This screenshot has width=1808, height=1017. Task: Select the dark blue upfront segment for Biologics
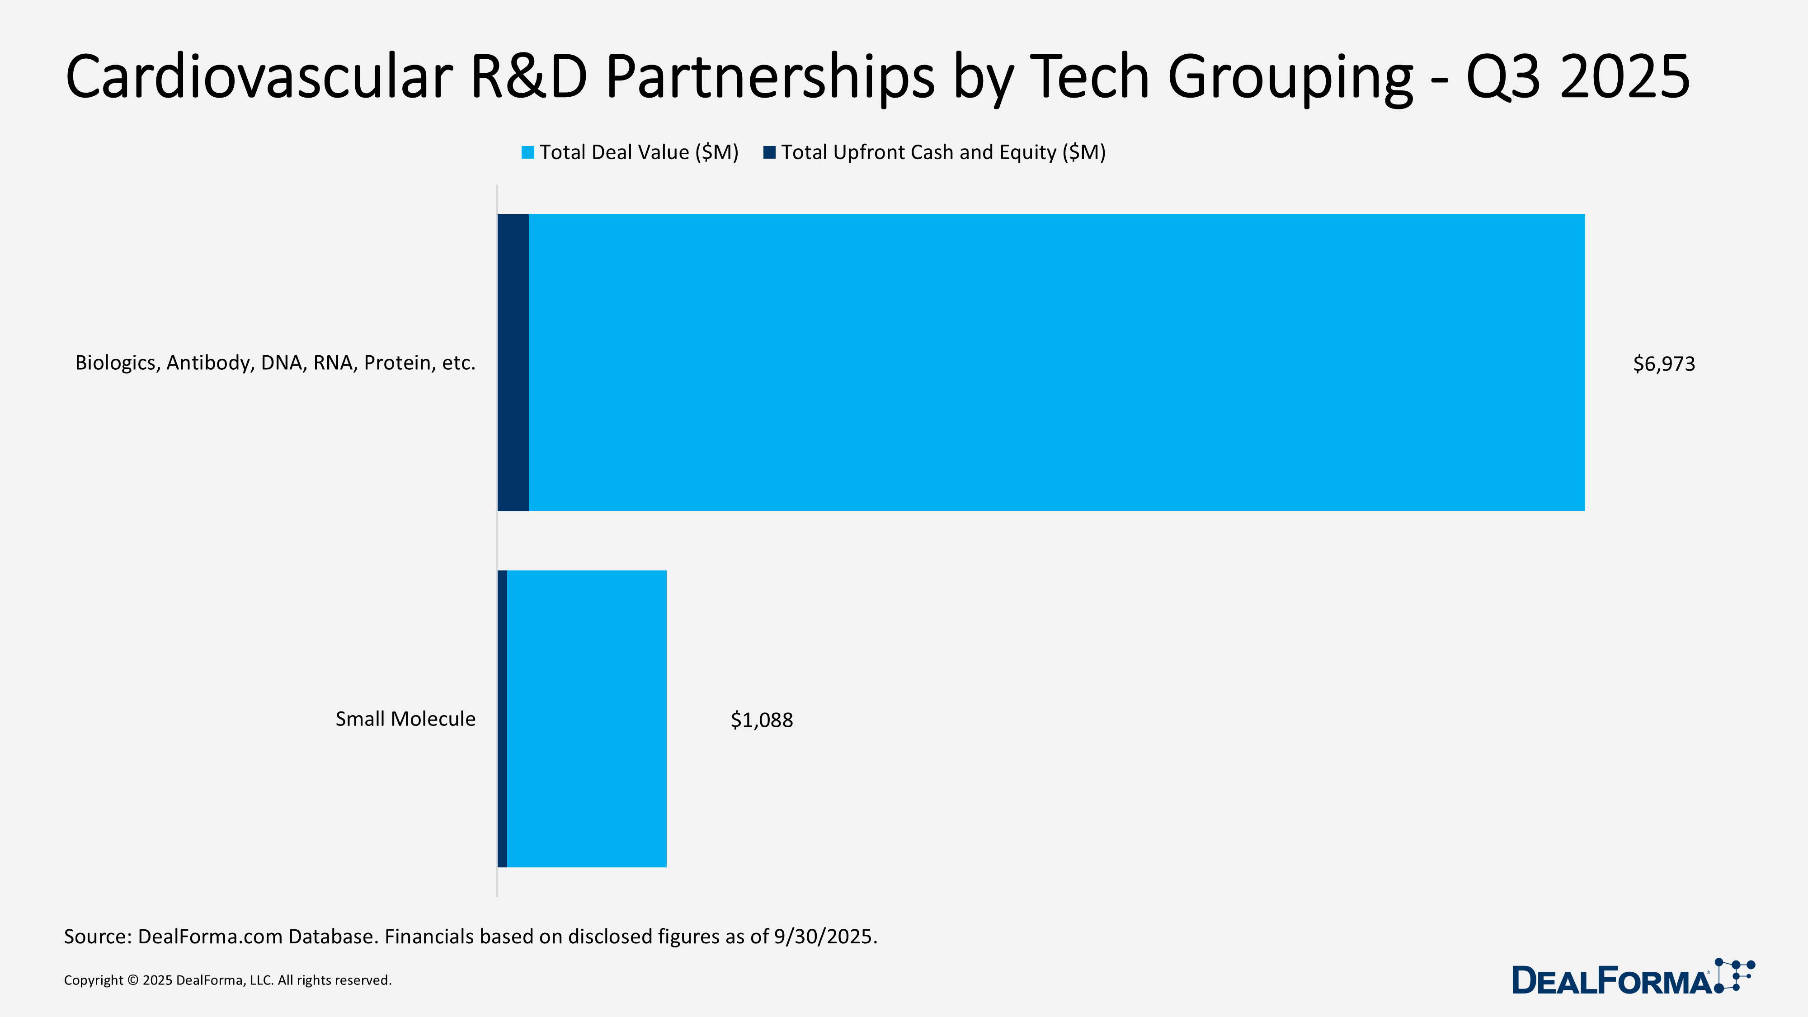[x=513, y=363]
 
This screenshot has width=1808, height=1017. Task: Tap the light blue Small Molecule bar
[x=587, y=719]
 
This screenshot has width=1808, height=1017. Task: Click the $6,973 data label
[x=1663, y=363]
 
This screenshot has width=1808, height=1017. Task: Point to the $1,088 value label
[x=762, y=720]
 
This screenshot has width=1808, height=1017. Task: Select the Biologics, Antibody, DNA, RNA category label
[x=275, y=363]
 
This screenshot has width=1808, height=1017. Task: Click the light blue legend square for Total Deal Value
[x=528, y=152]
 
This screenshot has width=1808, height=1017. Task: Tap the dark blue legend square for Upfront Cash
[x=769, y=152]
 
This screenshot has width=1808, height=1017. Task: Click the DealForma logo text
[x=1611, y=980]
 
